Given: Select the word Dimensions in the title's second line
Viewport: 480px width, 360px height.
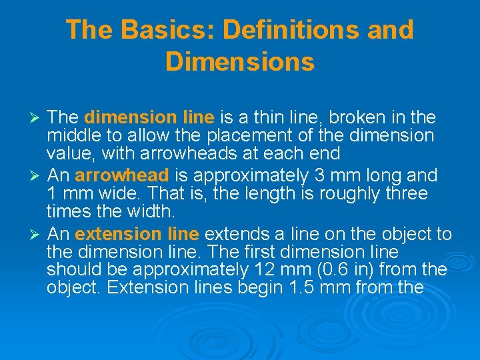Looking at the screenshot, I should pyautogui.click(x=240, y=61).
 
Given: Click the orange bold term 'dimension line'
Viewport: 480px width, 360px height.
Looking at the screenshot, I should pyautogui.click(x=149, y=118).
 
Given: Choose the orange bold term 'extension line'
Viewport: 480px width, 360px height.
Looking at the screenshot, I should pyautogui.click(x=137, y=234).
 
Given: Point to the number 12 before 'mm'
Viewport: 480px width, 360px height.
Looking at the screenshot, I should pyautogui.click(x=263, y=270).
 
